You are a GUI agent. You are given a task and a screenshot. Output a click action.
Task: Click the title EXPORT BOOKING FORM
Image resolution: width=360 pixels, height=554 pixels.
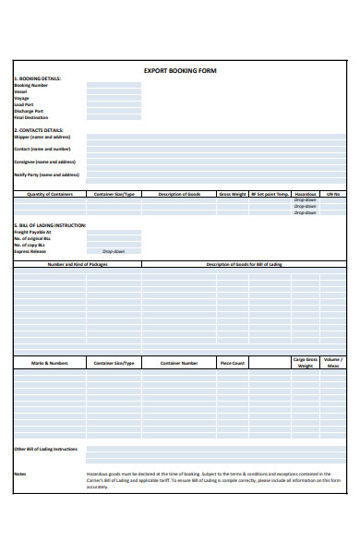[180, 70]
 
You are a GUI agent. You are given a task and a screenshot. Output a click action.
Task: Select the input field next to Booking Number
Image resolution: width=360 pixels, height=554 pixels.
[114, 85]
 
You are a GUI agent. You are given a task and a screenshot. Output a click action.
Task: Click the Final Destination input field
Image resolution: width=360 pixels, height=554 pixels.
[114, 117]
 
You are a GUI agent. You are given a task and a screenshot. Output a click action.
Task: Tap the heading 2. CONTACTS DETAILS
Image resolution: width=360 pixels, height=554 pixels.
[39, 130]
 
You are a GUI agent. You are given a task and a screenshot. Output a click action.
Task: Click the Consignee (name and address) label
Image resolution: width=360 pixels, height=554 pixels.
[45, 162]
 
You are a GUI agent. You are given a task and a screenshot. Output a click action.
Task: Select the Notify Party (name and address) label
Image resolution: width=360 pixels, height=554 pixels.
[47, 175]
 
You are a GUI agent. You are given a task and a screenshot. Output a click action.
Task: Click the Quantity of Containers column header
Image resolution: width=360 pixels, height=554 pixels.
[50, 195]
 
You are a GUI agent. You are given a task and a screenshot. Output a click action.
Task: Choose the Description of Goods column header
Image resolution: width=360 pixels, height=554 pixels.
[179, 195]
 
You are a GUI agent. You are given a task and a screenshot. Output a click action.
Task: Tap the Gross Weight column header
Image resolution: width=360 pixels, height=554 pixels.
[232, 195]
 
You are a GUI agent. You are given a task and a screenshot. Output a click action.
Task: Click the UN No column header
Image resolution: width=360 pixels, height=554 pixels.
[333, 195]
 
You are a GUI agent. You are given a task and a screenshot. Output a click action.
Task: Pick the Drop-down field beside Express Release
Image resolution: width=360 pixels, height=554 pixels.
[114, 251]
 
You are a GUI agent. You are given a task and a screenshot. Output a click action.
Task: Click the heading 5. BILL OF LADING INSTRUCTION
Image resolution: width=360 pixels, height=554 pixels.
[50, 224]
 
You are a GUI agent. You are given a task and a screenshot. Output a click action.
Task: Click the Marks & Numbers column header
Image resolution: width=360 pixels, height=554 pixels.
[50, 363]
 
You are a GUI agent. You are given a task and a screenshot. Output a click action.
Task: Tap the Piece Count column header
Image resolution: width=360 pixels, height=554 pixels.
[233, 363]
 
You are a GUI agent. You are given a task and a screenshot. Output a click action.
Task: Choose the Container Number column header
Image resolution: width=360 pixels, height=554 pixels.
[179, 363]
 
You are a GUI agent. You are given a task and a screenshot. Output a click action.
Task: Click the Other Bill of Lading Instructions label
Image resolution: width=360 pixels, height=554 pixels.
[45, 449]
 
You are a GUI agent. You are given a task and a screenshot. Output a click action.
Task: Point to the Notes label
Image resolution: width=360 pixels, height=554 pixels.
[20, 475]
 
